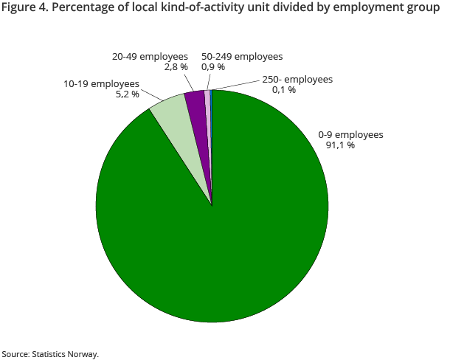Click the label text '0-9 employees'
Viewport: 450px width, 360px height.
(x=350, y=135)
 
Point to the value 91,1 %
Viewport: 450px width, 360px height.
(x=340, y=145)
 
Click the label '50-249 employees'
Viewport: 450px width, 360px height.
(x=242, y=57)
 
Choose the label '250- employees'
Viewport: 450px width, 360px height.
(x=297, y=80)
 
